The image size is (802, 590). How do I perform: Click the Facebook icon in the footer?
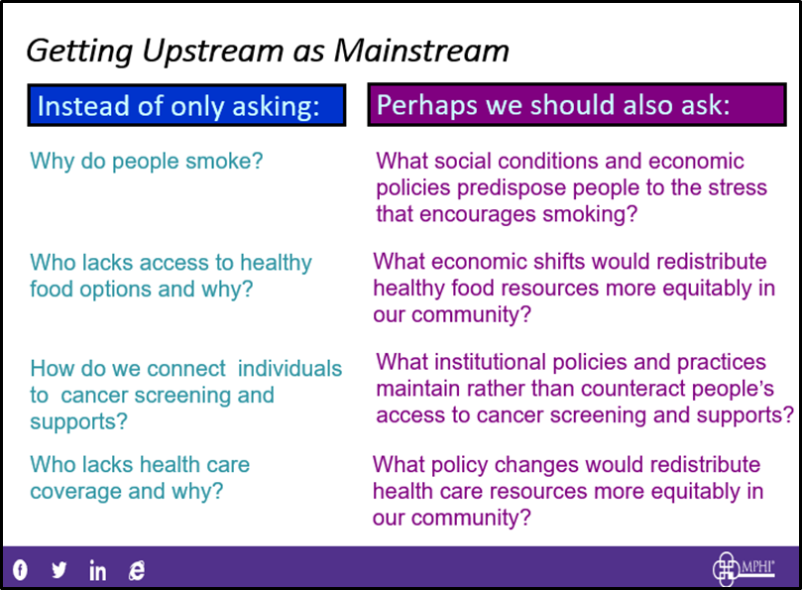tap(20, 569)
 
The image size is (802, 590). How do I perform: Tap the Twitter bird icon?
tap(58, 569)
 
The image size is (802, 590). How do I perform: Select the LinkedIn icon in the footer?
tap(97, 570)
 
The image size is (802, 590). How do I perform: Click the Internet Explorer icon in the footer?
tap(137, 570)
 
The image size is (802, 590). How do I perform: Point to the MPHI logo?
tap(744, 568)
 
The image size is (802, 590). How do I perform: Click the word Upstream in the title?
tap(213, 53)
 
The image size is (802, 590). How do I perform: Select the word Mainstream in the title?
tap(421, 51)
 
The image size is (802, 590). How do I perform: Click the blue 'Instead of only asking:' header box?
tap(186, 105)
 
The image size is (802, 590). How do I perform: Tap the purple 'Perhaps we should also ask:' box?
tap(577, 104)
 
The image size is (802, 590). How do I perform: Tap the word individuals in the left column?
tap(290, 369)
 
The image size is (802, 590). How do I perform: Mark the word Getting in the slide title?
tap(79, 53)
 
